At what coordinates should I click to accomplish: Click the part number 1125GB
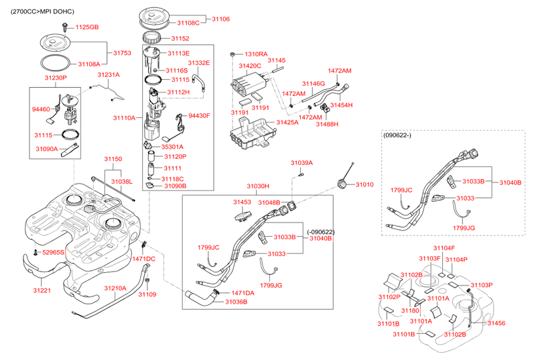tap(86, 27)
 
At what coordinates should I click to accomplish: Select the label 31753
tap(122, 52)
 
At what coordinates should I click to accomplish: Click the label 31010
tap(365, 184)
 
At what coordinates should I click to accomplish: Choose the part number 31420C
tap(249, 66)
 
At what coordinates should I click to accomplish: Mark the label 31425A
tap(288, 123)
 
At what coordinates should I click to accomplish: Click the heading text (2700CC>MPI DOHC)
tap(38, 12)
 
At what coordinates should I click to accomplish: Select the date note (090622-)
tap(400, 136)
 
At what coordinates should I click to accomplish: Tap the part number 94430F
tap(199, 115)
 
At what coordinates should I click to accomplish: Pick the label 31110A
tap(124, 118)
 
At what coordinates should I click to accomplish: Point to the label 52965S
tap(53, 253)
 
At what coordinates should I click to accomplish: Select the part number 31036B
tap(236, 302)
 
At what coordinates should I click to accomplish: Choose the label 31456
tap(496, 323)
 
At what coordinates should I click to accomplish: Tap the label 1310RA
tap(256, 54)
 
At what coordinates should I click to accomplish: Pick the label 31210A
tap(115, 288)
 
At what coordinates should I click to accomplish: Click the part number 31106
tap(221, 19)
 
